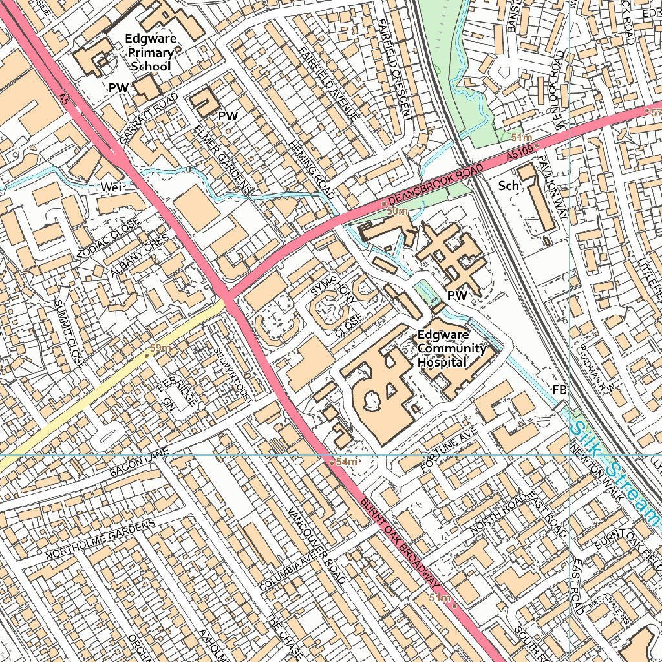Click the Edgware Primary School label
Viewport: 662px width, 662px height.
click(151, 52)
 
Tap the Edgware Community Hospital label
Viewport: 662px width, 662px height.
click(451, 348)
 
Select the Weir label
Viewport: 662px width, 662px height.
click(114, 186)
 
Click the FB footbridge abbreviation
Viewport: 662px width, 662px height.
click(559, 390)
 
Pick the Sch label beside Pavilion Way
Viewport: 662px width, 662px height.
click(509, 186)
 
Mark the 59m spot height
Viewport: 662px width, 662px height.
click(159, 348)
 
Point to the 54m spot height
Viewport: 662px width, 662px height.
click(345, 462)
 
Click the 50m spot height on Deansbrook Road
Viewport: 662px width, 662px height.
click(396, 211)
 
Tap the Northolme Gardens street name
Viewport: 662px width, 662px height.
click(100, 540)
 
